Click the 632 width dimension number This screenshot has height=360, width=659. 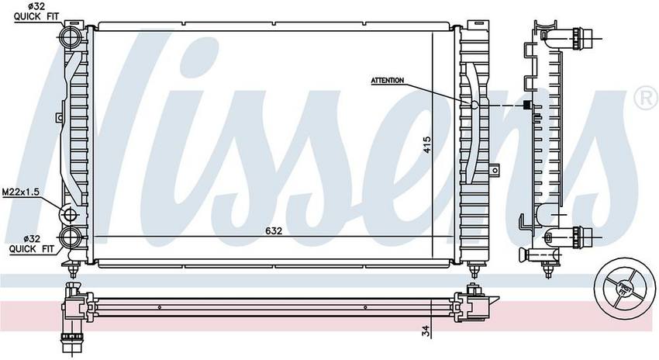[x=274, y=231]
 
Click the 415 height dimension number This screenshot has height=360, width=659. [x=426, y=144]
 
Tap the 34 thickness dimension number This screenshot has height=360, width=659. [x=426, y=331]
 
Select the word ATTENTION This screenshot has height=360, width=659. [x=387, y=81]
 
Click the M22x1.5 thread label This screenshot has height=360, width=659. [x=21, y=192]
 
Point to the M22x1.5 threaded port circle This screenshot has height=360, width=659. [x=69, y=214]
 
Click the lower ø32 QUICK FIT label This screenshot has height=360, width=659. [x=32, y=244]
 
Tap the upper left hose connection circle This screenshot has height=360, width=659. [x=71, y=37]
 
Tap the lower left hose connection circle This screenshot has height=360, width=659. [x=71, y=237]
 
